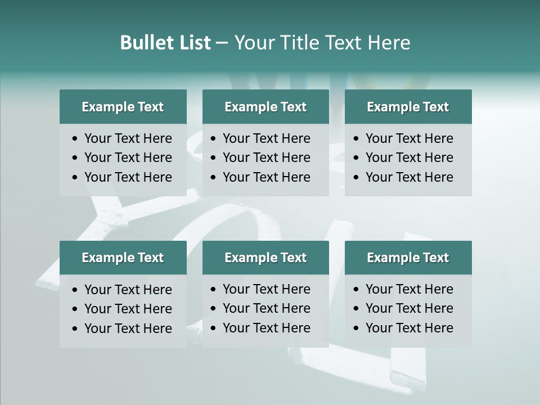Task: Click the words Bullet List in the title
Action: tap(165, 43)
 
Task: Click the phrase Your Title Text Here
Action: tap(322, 43)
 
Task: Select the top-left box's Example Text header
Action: tap(123, 107)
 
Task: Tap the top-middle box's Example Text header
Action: tap(265, 107)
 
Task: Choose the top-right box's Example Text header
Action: tap(408, 107)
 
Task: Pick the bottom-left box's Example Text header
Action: tap(123, 258)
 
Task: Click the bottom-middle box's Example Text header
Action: tap(265, 258)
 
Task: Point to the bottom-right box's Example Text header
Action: tap(408, 258)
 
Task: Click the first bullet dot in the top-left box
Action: tap(75, 139)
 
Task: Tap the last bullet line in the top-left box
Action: tap(128, 177)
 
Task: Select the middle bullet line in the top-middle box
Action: tap(266, 157)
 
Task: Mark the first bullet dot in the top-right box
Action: tap(357, 139)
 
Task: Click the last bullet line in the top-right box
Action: tap(409, 177)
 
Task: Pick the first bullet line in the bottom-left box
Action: tap(128, 290)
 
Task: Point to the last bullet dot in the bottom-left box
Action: tap(75, 329)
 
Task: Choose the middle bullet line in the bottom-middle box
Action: tap(266, 308)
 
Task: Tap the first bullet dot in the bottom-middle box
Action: tap(214, 290)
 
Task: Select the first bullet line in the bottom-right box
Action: tap(409, 289)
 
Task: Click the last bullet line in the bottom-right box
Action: tap(409, 328)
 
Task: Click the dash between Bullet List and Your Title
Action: tap(222, 43)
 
